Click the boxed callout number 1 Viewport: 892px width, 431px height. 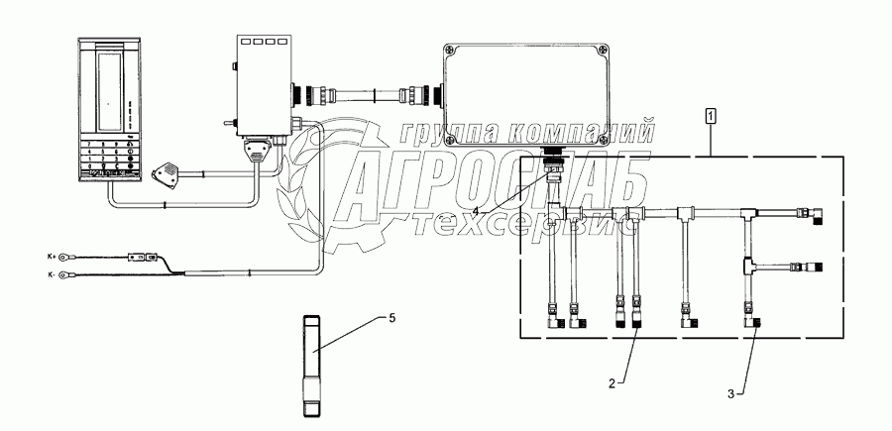click(711, 116)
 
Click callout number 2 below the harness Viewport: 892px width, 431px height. click(613, 381)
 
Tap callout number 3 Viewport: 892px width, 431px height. click(731, 394)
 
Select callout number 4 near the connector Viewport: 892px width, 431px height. click(476, 211)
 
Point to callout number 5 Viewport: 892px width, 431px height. click(391, 318)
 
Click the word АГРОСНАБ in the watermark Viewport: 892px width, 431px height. click(496, 185)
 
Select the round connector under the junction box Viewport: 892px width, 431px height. click(555, 160)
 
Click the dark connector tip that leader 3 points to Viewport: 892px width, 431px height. click(755, 324)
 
